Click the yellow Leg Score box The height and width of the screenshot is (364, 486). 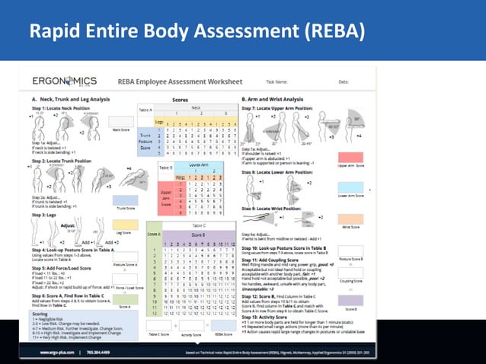coord(120,234)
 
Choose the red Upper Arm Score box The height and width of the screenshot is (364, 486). coord(351,155)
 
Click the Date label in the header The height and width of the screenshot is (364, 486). coord(344,81)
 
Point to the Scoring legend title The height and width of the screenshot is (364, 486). coord(42,312)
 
